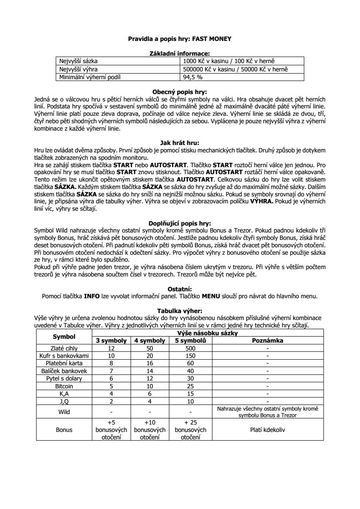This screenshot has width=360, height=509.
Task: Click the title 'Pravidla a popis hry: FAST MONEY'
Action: coord(179,39)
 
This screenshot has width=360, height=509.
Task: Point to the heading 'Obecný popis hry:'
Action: coord(179,92)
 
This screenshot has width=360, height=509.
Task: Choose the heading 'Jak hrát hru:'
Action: coord(179,142)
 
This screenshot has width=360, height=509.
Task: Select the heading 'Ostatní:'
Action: coord(179,289)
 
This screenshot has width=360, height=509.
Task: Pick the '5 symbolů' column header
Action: coord(191,340)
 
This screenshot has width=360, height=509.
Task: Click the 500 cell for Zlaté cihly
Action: coord(191,348)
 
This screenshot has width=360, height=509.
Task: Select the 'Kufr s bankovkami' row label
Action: coord(64,356)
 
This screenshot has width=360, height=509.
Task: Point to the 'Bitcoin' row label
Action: coord(64,386)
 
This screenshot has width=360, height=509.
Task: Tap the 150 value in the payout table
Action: coord(191,356)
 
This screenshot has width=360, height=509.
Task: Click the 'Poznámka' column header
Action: coord(268,340)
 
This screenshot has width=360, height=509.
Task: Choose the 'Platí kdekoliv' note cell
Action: coord(268,429)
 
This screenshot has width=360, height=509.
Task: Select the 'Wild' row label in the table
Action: coord(64,411)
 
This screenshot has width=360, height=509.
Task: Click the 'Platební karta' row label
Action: coord(64,363)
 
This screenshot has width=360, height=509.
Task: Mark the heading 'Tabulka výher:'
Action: coord(179,311)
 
